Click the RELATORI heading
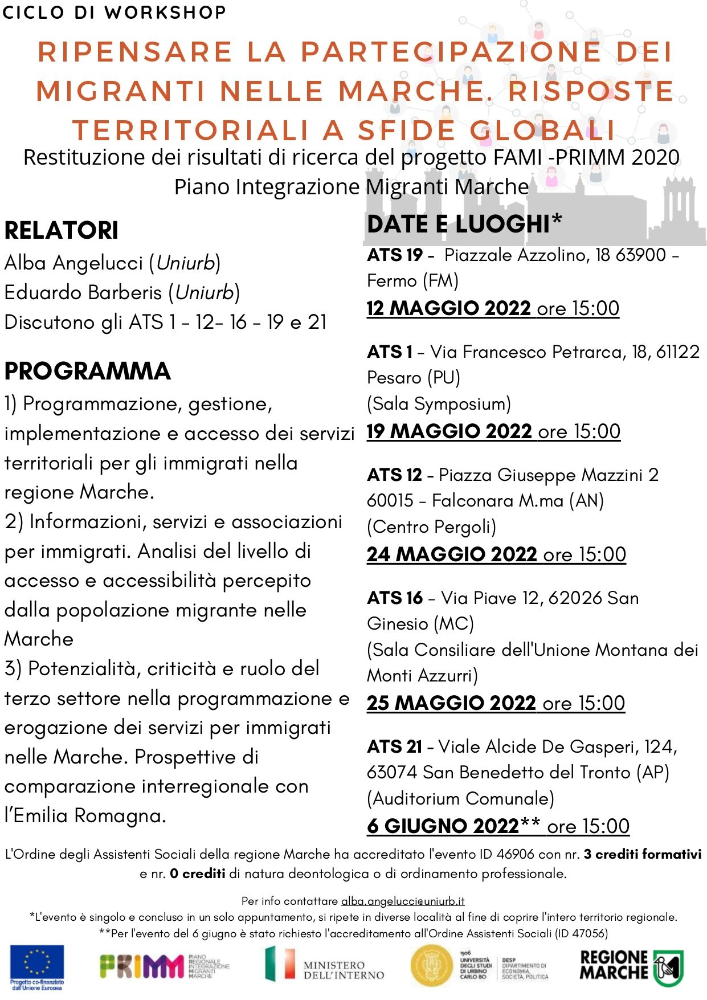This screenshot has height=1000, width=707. point(62,230)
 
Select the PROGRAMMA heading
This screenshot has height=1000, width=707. point(88,371)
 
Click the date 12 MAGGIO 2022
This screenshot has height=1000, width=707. point(449,308)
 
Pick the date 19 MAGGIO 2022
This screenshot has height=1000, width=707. point(449,431)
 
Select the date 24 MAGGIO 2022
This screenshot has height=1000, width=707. point(452,554)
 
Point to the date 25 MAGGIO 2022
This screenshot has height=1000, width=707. point(451,703)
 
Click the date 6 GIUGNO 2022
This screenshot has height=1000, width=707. point(443,826)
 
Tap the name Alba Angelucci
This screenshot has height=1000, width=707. point(74,263)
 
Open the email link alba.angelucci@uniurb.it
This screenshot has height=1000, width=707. point(403,901)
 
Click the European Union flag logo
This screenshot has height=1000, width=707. point(37,965)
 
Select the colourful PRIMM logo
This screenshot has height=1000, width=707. point(142,966)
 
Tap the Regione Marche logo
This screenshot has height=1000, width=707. point(631,967)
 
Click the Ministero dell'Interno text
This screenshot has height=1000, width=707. point(344,970)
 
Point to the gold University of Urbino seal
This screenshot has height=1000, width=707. point(431,966)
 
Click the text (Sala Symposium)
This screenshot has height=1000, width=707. point(439,403)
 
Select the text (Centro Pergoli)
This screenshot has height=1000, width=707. point(431,526)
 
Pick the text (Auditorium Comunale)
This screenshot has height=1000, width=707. point(460,798)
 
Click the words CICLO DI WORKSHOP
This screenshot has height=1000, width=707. point(114,12)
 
